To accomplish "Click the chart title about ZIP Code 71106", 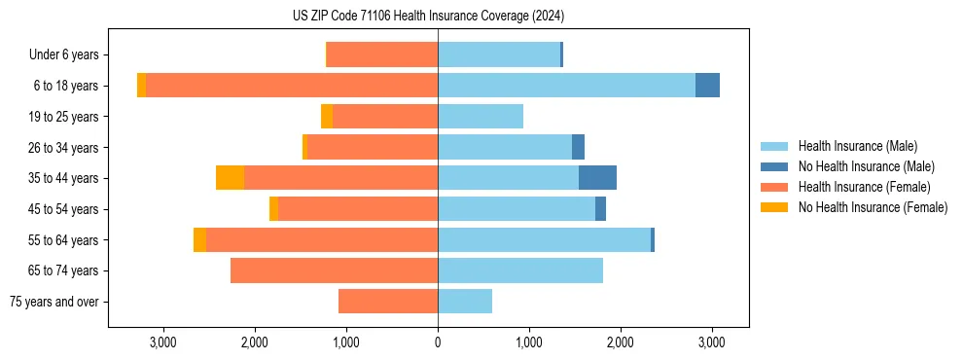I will point(428,16).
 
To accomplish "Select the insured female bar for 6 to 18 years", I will point(292,86).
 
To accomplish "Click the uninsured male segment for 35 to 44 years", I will point(597,178).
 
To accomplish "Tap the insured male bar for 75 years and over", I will point(465,302).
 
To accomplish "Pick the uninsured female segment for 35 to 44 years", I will point(230,178).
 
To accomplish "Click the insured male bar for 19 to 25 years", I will point(481,117).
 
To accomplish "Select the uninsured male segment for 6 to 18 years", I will point(707,86).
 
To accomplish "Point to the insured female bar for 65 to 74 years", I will point(334,270).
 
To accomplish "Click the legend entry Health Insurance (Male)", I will point(857,146).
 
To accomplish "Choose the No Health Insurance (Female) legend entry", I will point(873,207).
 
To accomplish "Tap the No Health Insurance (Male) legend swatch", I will point(774,166).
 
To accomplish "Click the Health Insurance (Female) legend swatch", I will point(774,187).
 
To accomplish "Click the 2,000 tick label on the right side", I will point(621,342).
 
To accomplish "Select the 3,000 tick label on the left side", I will point(162,342).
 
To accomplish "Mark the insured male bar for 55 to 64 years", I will point(544,239).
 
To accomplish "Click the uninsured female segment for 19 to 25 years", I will point(327,117).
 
